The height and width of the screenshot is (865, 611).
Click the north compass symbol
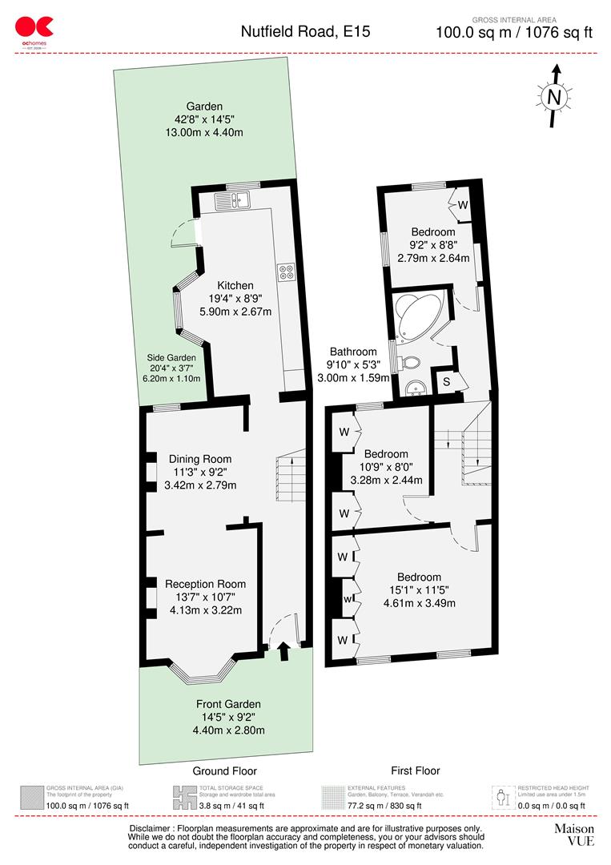click(553, 96)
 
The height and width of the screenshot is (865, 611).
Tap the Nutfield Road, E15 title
click(306, 32)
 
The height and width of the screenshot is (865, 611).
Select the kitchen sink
click(237, 197)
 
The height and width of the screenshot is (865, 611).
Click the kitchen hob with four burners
click(286, 272)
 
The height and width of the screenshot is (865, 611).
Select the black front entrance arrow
click(283, 653)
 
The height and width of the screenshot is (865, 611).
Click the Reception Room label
click(206, 584)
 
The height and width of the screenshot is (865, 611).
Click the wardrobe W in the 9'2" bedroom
click(462, 205)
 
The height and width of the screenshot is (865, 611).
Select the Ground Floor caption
click(225, 770)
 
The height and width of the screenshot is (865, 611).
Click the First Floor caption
click(416, 770)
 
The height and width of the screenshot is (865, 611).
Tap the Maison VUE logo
click(573, 835)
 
